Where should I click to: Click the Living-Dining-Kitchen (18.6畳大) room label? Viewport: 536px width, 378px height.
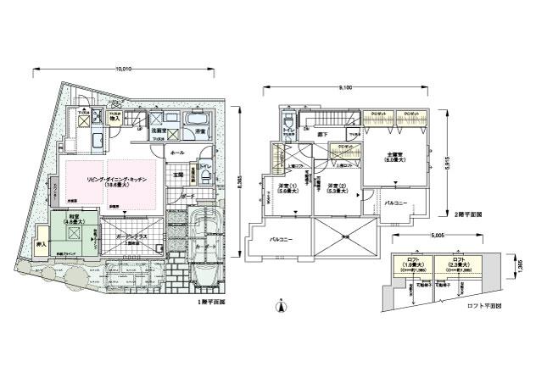[116, 184]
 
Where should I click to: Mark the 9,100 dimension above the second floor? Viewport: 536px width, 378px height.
[346, 87]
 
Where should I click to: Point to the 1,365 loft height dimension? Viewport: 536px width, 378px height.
[517, 267]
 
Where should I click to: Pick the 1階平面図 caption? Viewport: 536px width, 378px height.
[211, 302]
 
